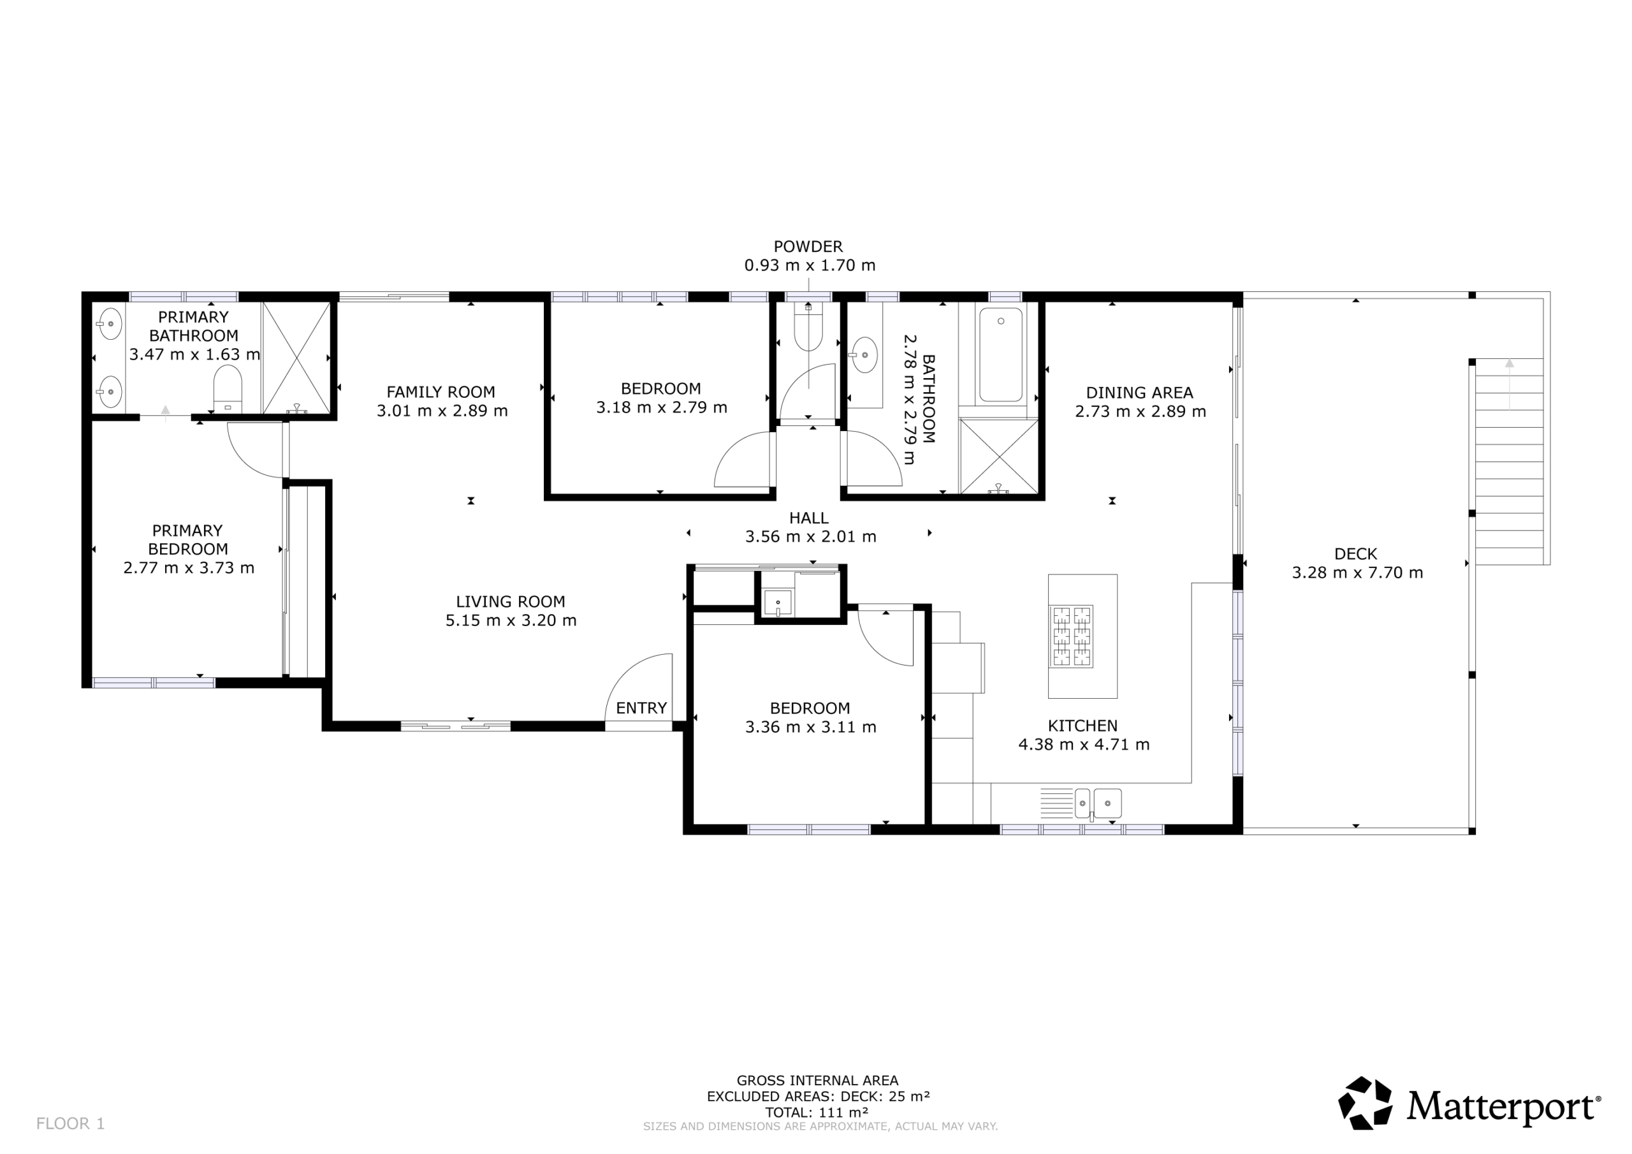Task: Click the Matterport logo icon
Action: click(1365, 1103)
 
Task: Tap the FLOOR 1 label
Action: click(70, 1123)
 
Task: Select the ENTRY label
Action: click(641, 708)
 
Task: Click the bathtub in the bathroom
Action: click(1001, 354)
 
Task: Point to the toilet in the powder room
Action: click(808, 328)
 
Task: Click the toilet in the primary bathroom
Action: click(228, 388)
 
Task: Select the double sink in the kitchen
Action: click(1098, 803)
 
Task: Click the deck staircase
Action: click(1510, 462)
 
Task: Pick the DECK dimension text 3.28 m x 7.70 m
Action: click(1357, 573)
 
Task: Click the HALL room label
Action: click(809, 518)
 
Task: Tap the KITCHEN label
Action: click(1082, 726)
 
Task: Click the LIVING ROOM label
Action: click(511, 601)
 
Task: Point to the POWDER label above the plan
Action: click(808, 247)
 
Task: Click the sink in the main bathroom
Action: click(864, 354)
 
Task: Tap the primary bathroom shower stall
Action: click(296, 358)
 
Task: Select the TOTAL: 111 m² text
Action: click(816, 1113)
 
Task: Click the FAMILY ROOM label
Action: click(441, 391)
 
